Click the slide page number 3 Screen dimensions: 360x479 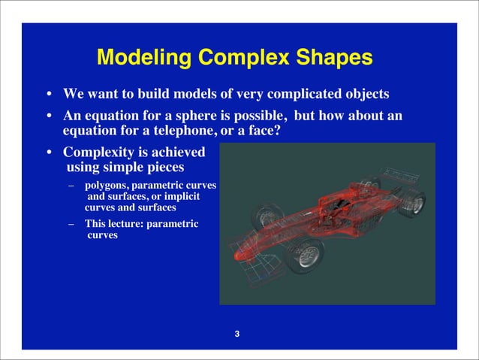tap(237, 334)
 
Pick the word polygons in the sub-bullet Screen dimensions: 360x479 tap(106, 185)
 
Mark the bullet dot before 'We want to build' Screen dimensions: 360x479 tap(49, 95)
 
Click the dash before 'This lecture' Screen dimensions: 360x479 tap(71, 224)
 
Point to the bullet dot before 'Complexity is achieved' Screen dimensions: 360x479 tap(49, 153)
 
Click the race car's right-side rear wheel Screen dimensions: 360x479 tap(412, 202)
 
